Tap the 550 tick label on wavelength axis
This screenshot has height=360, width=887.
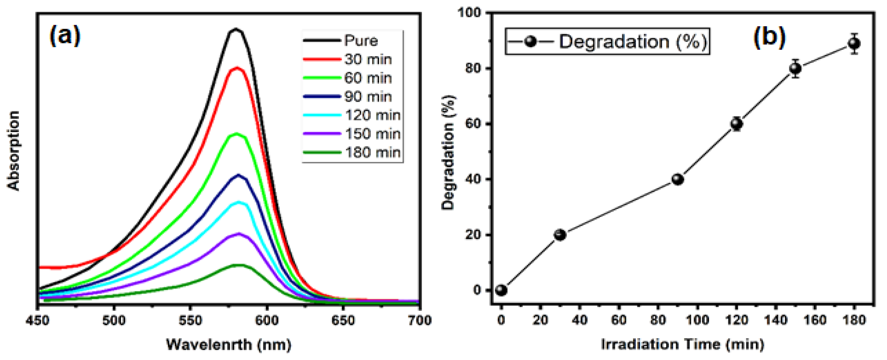[x=190, y=320]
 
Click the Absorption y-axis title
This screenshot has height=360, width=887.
[x=14, y=151]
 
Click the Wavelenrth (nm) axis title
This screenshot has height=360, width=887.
[x=229, y=345]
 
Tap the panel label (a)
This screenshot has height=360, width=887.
[x=65, y=35]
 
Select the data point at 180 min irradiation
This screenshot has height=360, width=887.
[x=854, y=43]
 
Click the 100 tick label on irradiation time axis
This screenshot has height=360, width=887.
[x=697, y=320]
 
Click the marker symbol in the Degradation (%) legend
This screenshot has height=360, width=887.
[x=531, y=42]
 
